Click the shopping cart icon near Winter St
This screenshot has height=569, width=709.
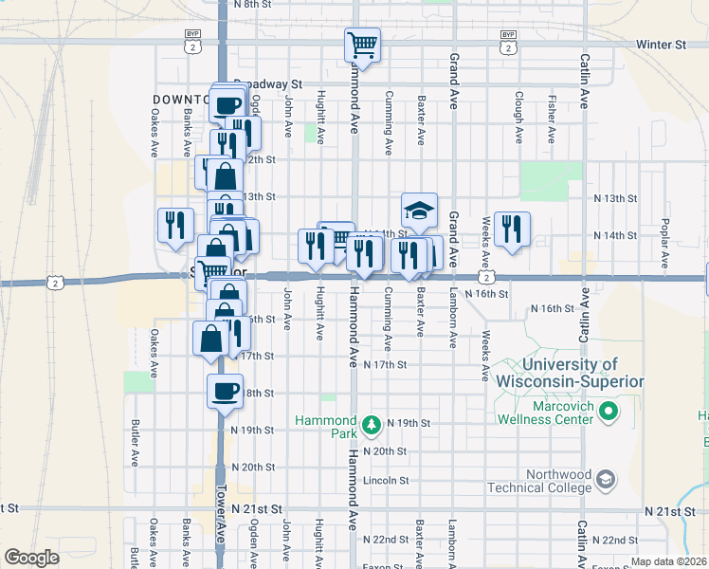pyautogui.click(x=362, y=44)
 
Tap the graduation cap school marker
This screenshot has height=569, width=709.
pyautogui.click(x=419, y=210)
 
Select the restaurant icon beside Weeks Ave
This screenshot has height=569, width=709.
pyautogui.click(x=512, y=229)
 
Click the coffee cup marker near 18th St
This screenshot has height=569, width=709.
pyautogui.click(x=226, y=390)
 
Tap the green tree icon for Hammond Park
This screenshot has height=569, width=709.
pyautogui.click(x=373, y=422)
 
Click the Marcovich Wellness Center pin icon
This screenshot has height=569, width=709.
pyautogui.click(x=610, y=412)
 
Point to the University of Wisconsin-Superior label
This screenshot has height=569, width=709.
pyautogui.click(x=570, y=373)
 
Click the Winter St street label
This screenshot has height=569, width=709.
pyautogui.click(x=661, y=45)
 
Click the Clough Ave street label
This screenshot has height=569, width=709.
pyautogui.click(x=518, y=118)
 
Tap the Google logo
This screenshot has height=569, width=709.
pyautogui.click(x=31, y=558)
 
